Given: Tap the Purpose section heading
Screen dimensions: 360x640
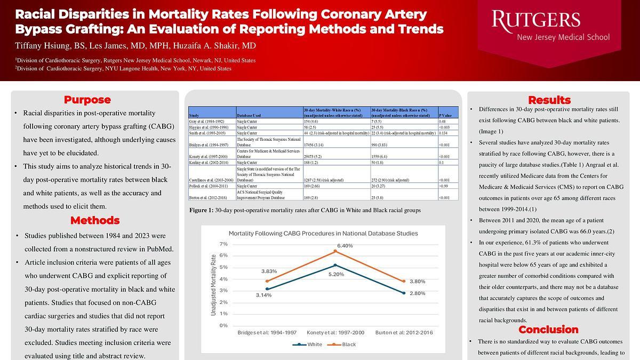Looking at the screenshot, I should pos(87,100).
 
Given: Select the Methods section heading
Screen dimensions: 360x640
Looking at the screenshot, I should pos(94,220).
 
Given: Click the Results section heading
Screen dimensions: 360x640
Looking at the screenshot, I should pos(549,100).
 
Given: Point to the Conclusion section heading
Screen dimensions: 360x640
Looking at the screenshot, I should pos(549,329).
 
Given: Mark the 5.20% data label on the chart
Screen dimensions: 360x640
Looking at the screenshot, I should pos(336,274).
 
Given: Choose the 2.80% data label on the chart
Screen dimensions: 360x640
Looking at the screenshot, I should pos(417,293).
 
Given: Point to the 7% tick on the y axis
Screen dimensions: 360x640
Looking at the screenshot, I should pos(223,244).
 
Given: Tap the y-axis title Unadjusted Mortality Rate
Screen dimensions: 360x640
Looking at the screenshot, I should pos(213,284).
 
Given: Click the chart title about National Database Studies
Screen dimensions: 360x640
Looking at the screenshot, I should pos(323,234).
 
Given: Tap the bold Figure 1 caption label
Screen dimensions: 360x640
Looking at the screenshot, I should pos(202,211).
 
